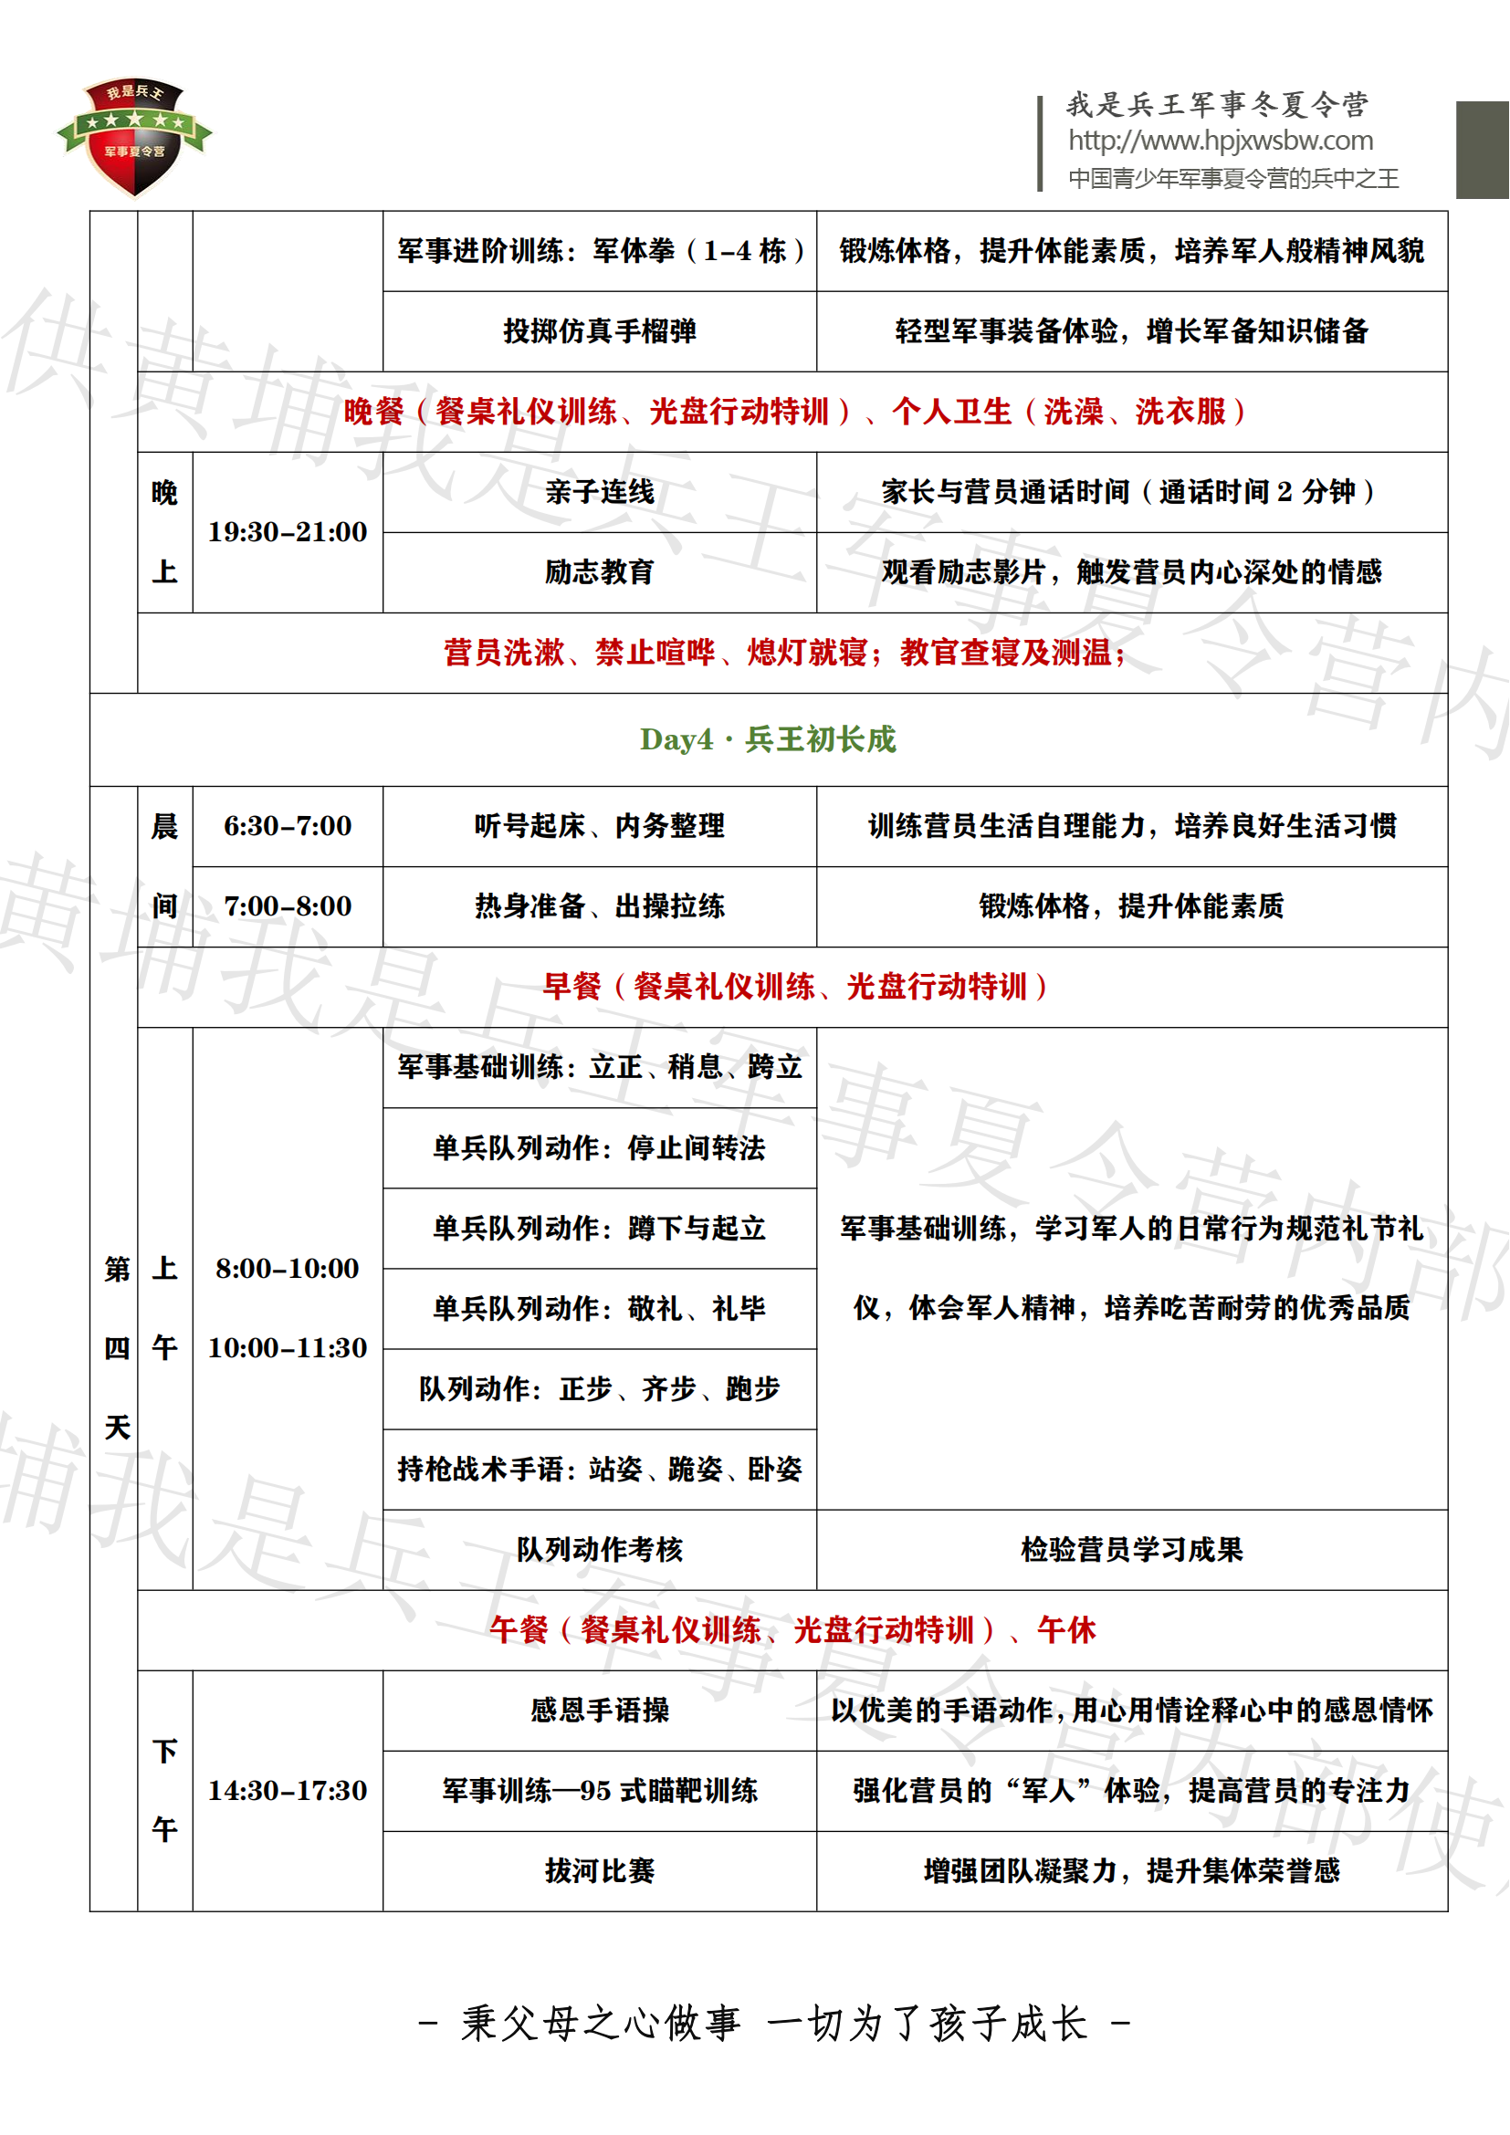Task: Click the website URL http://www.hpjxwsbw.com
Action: tap(1220, 141)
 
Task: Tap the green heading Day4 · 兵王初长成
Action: tap(768, 740)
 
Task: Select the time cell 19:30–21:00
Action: tap(288, 533)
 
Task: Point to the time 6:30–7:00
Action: tap(288, 827)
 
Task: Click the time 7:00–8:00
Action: tap(288, 906)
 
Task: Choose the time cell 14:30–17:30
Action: tap(288, 1791)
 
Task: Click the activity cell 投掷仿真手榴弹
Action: tap(600, 332)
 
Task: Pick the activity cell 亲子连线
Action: tap(600, 493)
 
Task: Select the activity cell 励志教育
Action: tap(600, 573)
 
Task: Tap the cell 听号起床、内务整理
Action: tap(600, 827)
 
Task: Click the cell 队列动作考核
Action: tap(600, 1550)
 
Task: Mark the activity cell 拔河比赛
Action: tap(600, 1871)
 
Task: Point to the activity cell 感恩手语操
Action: tap(600, 1711)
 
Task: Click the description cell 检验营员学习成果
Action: tap(1131, 1550)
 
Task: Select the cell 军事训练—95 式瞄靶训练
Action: tap(600, 1791)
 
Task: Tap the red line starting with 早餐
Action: tap(795, 988)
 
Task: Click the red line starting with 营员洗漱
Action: tap(786, 654)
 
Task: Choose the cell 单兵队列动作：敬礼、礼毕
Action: tap(600, 1309)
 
